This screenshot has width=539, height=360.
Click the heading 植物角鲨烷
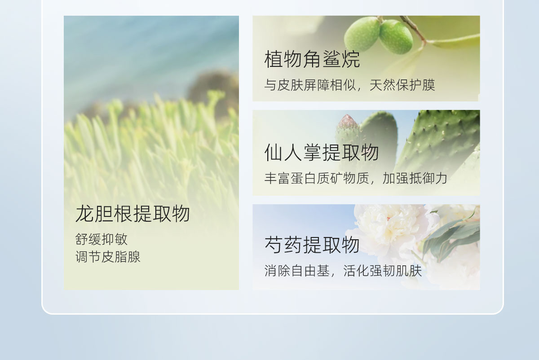(312, 59)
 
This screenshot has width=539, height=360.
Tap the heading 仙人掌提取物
(322, 152)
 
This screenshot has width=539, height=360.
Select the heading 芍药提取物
(312, 245)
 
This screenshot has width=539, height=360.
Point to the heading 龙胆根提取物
(133, 214)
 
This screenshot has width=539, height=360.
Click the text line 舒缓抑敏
(102, 239)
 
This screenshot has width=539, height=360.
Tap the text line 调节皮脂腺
(108, 257)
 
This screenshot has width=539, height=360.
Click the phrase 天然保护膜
(402, 85)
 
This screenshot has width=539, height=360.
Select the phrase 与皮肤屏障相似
(310, 85)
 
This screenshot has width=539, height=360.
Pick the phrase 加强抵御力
(415, 178)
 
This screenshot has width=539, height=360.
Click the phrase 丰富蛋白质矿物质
(316, 178)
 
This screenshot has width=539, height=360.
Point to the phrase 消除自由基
(297, 271)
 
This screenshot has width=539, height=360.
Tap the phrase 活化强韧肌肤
(383, 271)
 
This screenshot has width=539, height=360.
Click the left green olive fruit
(362, 34)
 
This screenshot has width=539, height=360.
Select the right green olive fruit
(396, 36)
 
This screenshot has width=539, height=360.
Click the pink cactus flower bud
(347, 123)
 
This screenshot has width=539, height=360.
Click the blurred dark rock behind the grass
(213, 89)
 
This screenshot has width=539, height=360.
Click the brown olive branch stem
(413, 29)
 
